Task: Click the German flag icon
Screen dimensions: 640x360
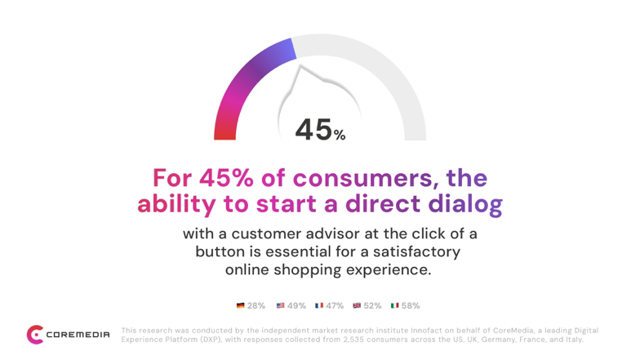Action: [x=240, y=305]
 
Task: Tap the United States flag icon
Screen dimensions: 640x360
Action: [x=281, y=305]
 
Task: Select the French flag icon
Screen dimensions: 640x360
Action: [x=319, y=305]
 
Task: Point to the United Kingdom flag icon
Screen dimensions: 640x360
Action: [x=358, y=305]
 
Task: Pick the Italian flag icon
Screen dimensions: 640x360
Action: [x=395, y=305]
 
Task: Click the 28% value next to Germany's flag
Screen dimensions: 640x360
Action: [x=256, y=305]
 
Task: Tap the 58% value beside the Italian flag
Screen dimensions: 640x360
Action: [x=411, y=305]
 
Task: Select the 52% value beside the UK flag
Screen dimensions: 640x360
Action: [x=372, y=305]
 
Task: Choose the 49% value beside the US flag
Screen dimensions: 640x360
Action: [x=297, y=305]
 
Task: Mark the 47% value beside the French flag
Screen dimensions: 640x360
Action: [x=335, y=305]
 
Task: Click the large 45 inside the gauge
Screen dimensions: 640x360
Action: [x=313, y=130]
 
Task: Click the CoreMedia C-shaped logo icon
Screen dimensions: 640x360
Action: [x=35, y=335]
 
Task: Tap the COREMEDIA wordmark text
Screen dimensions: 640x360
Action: [x=78, y=335]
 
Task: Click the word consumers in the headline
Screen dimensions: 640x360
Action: [x=362, y=178]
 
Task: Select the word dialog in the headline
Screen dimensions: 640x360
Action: [x=465, y=204]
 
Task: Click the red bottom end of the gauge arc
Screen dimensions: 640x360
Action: [x=225, y=135]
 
